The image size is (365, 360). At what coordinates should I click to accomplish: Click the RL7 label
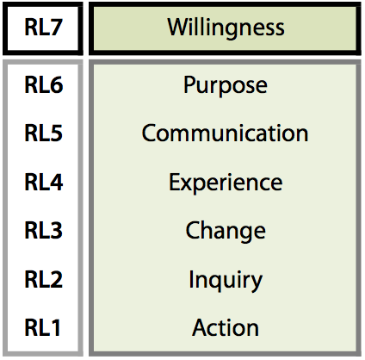[43, 28]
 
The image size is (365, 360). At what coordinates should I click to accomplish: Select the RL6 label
[44, 84]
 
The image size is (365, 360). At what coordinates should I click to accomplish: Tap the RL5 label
[44, 133]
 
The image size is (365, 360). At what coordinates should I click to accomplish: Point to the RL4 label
[44, 182]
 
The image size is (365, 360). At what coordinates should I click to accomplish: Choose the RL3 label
[44, 230]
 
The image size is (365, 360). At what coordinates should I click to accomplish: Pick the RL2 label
[44, 279]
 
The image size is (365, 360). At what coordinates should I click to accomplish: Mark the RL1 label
[43, 327]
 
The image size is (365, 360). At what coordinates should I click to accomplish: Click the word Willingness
[226, 28]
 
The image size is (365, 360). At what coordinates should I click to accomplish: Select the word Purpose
[226, 86]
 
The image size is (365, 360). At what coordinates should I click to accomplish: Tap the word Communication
[225, 133]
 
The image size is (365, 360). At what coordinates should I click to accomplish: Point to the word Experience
[226, 183]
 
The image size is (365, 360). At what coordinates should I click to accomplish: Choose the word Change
[226, 232]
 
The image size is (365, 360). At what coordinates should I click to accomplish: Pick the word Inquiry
[226, 281]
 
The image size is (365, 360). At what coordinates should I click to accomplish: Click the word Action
[226, 327]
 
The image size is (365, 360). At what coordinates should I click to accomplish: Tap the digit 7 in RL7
[56, 28]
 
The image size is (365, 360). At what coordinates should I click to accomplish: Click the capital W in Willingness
[179, 28]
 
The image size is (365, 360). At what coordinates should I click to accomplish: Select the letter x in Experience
[189, 184]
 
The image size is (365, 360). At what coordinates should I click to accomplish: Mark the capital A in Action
[201, 327]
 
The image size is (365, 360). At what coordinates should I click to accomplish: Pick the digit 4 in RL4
[56, 182]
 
